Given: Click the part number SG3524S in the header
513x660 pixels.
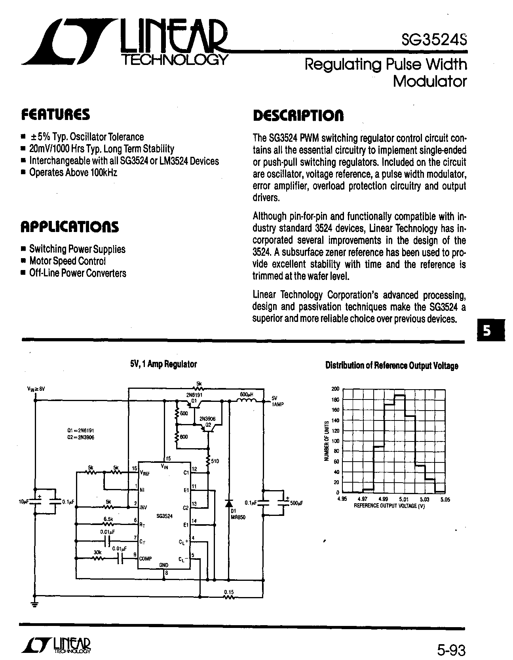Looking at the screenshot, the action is (434, 40).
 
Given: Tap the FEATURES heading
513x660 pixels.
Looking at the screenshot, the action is (55, 114).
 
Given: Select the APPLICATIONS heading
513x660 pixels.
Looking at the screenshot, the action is (69, 227).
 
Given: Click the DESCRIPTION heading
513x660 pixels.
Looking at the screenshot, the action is (298, 115).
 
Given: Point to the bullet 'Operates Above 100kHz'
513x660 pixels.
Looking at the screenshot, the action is (70, 173).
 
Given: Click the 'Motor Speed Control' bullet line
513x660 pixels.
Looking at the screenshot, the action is (64, 261).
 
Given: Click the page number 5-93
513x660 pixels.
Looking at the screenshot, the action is (451, 650).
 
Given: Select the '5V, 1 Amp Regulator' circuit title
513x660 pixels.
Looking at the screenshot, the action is (163, 364).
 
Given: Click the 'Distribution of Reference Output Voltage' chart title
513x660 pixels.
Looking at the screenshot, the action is (391, 366).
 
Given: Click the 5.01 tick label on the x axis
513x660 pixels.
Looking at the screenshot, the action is (405, 500).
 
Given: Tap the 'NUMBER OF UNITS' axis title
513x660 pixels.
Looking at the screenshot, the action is (327, 441).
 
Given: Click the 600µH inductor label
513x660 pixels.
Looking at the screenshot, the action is (247, 394).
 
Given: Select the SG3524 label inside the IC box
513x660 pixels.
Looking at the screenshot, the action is (164, 516).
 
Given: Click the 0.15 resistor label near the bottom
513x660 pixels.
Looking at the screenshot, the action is (229, 592).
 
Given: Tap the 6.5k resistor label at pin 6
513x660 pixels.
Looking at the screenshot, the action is (108, 519).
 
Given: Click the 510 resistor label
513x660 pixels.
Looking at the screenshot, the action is (215, 461).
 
